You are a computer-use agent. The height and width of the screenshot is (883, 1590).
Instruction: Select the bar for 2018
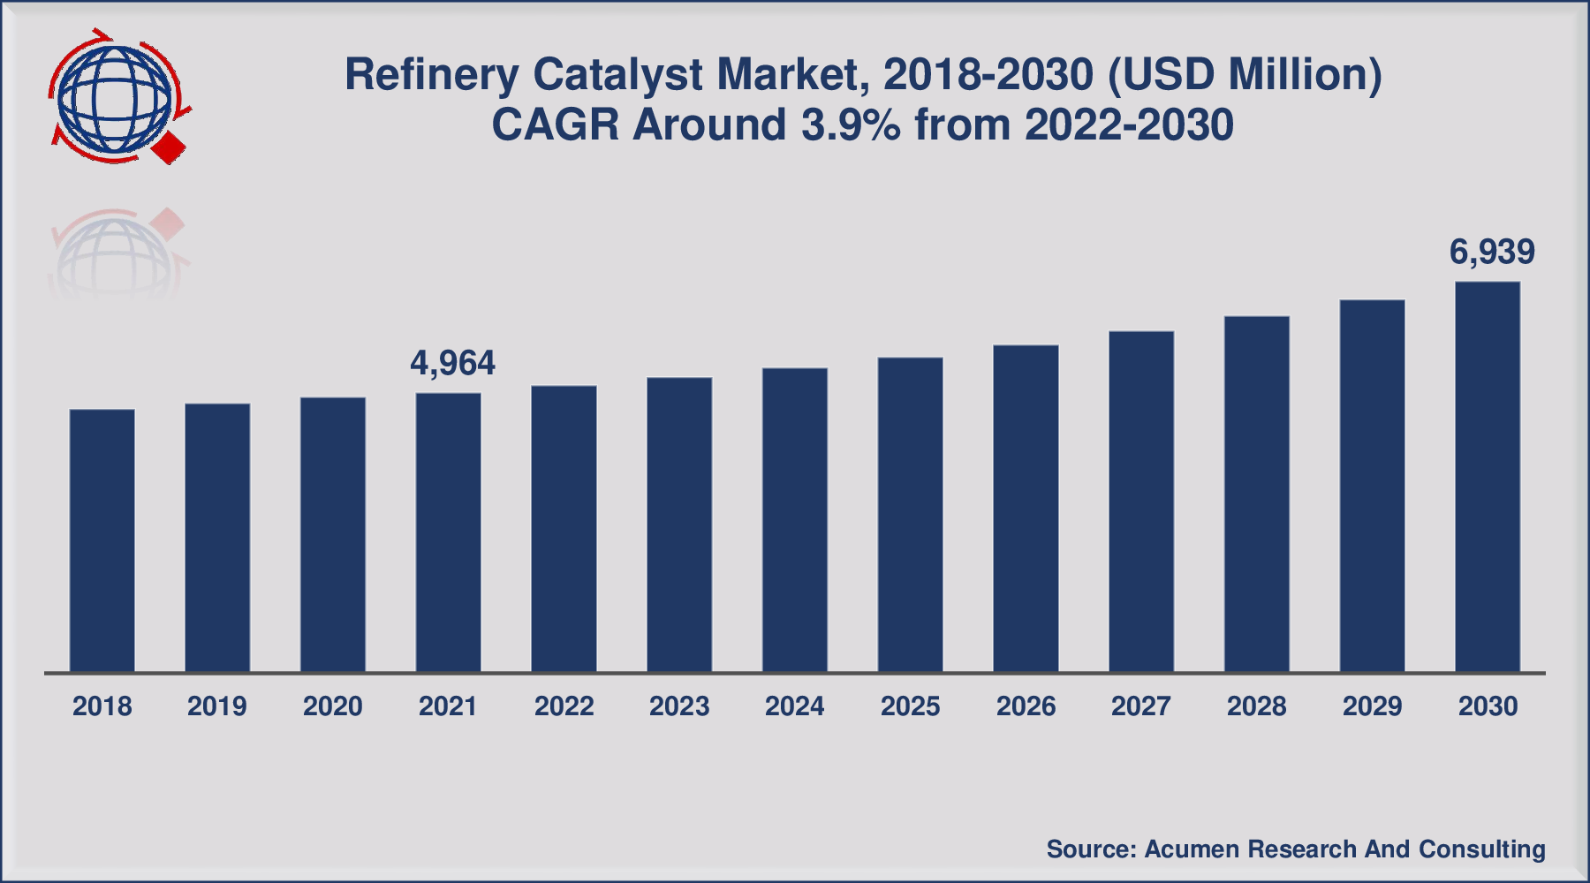[102, 540]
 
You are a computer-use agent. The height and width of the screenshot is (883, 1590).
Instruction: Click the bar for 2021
[449, 532]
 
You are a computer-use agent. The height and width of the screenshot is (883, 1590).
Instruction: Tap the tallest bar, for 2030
[1488, 477]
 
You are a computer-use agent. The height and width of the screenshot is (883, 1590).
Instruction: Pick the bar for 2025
[911, 515]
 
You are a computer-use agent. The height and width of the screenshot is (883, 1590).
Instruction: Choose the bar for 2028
[1257, 494]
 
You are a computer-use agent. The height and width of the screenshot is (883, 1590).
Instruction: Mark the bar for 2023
[679, 525]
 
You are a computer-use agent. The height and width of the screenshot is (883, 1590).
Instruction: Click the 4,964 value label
[452, 363]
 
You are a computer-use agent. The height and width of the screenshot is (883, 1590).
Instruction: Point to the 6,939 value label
[1492, 253]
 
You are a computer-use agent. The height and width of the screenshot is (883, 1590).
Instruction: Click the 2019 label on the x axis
[217, 706]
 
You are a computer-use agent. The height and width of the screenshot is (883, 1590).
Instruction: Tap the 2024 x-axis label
[795, 706]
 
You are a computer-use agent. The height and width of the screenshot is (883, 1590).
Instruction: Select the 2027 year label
[1141, 706]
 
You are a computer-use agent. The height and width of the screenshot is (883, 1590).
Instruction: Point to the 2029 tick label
[1373, 706]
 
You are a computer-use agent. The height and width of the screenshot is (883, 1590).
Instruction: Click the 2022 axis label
[564, 706]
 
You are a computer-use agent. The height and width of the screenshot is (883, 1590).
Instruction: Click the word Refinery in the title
[431, 75]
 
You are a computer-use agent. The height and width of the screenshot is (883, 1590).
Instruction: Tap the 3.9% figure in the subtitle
[851, 125]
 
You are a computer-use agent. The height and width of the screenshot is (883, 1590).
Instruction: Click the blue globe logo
[113, 97]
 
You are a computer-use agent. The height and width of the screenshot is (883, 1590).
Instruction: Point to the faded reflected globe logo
[115, 256]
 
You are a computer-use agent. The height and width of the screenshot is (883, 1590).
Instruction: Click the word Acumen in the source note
[1192, 849]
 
